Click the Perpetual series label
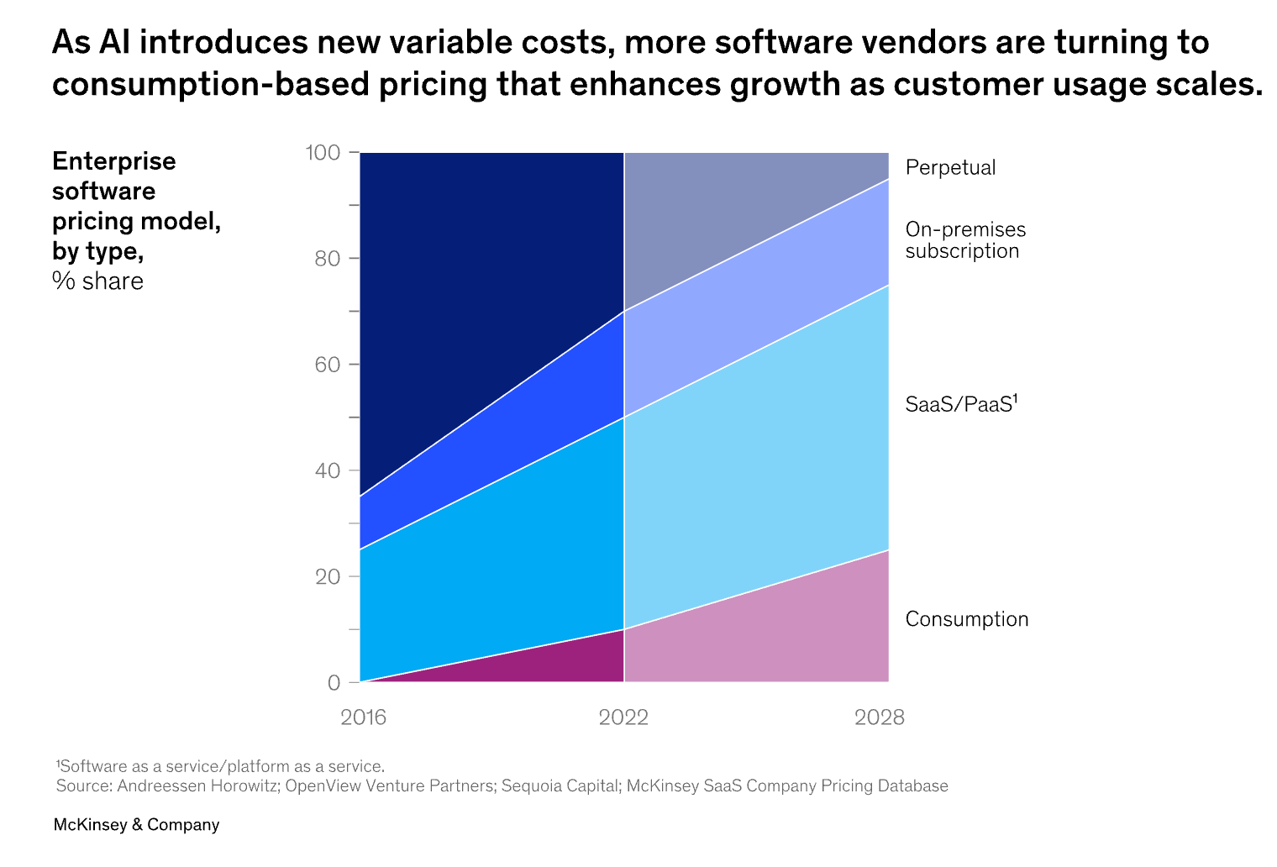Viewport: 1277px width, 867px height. [950, 167]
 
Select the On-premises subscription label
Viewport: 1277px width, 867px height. [965, 240]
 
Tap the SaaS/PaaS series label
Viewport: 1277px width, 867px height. [961, 404]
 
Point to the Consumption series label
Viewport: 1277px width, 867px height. [967, 619]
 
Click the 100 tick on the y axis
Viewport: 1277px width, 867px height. [323, 152]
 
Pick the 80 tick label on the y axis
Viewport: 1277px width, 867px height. [328, 258]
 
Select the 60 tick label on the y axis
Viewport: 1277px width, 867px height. [328, 365]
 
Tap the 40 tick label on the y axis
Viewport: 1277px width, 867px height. [328, 470]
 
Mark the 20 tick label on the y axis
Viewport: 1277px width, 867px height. [328, 576]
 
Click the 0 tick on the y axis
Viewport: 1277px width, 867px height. [334, 683]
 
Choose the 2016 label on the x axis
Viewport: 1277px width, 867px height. [363, 717]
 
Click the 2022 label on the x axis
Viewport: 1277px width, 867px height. [623, 717]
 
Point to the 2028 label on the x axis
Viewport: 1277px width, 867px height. [880, 717]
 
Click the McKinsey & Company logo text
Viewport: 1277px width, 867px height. [136, 825]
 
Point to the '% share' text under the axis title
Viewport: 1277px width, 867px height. [97, 281]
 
